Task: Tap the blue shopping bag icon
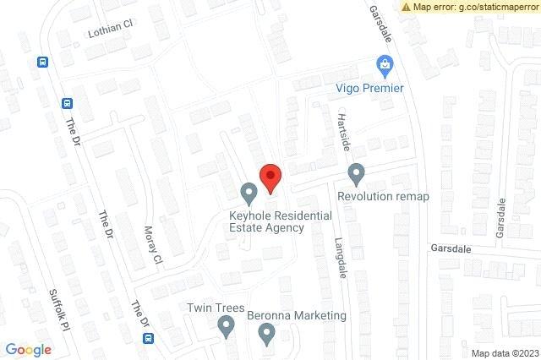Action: (x=385, y=65)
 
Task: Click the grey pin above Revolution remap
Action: (x=356, y=174)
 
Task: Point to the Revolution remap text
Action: (x=383, y=196)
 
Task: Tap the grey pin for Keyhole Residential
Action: (x=249, y=194)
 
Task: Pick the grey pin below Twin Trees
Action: (x=227, y=326)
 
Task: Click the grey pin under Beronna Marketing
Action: (x=266, y=335)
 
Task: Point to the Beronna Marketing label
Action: (x=297, y=315)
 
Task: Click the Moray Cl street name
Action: (x=153, y=244)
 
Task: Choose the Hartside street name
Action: (x=343, y=131)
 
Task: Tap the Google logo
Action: (x=28, y=349)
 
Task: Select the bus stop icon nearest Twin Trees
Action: (x=148, y=338)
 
